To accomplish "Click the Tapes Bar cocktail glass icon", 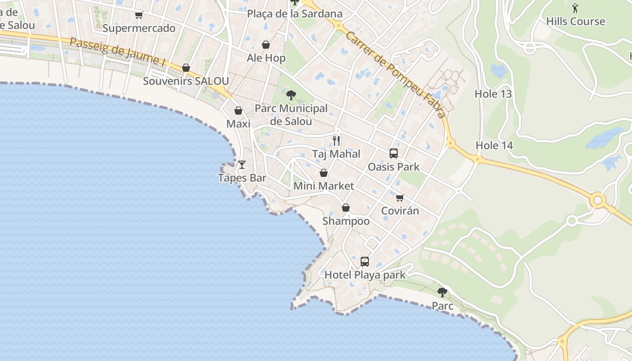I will [242, 165].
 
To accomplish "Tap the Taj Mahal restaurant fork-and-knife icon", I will [336, 141].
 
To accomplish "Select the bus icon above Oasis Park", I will [394, 153].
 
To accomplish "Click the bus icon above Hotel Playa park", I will [365, 262].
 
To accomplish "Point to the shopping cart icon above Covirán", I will [400, 198].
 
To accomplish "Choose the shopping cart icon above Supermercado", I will [139, 15].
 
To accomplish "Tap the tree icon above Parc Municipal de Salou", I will [291, 95].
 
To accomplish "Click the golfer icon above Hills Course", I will [575, 8].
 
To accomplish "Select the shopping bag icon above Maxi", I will [238, 111].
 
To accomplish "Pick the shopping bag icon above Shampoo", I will [346, 208].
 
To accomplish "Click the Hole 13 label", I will [493, 94].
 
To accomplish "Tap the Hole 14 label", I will [494, 145].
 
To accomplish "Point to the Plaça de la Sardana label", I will [295, 14].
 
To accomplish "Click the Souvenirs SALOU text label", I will [186, 81].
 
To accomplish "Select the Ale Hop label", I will [266, 58].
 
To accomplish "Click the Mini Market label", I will [324, 186].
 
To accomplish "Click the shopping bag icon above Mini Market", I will [324, 173].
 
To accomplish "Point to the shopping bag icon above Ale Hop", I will [266, 45].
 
